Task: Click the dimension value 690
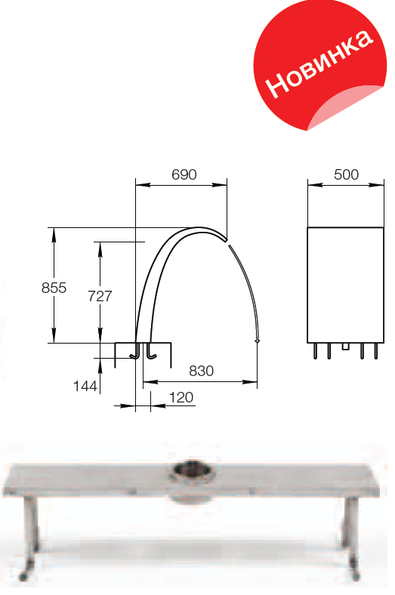point(184,174)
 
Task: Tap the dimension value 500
point(346,174)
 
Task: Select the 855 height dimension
point(54,288)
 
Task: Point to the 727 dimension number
point(100,296)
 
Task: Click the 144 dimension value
point(85,386)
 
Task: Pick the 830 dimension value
point(202,371)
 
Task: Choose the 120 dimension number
point(181,397)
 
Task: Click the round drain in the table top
point(191,470)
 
